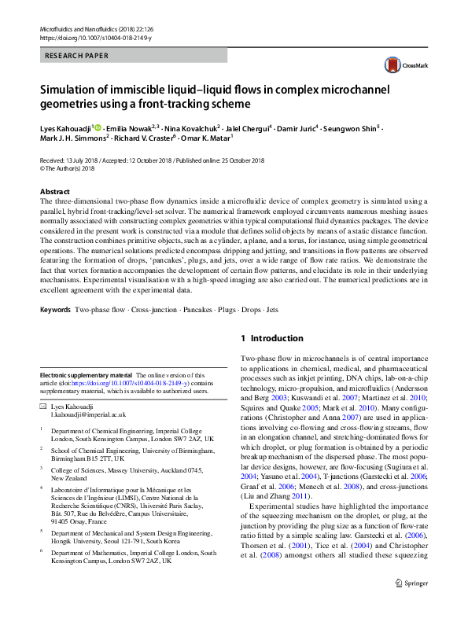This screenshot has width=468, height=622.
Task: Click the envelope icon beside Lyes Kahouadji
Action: (x=42, y=406)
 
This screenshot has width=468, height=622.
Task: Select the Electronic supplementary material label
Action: (x=86, y=376)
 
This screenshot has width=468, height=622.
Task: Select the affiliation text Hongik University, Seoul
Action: (x=100, y=542)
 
